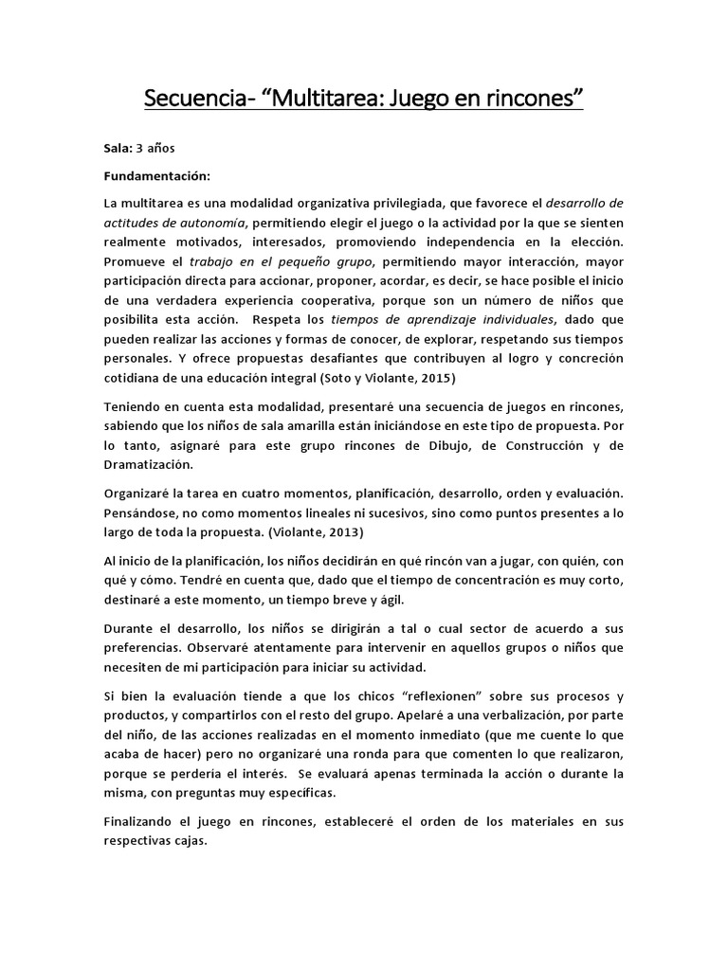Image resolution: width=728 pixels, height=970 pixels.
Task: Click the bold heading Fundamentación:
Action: pos(157,176)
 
